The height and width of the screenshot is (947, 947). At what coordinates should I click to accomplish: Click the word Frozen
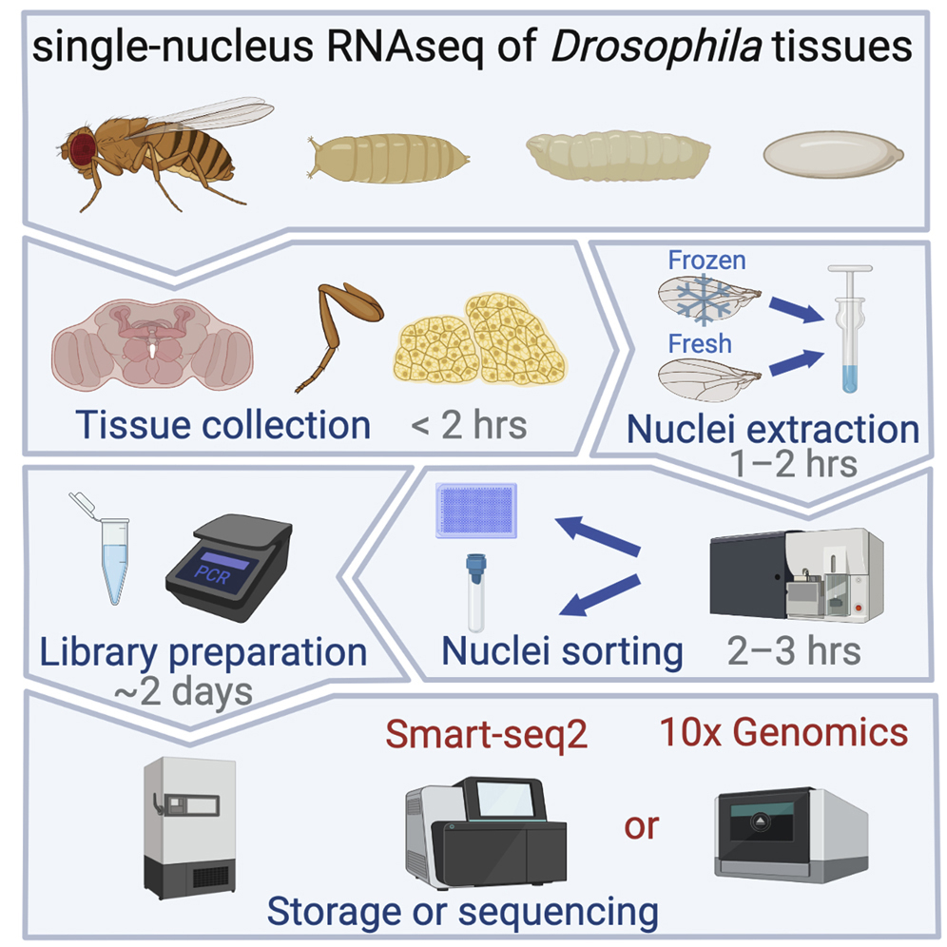click(x=707, y=260)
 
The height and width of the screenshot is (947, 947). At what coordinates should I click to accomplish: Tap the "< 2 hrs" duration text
click(x=469, y=424)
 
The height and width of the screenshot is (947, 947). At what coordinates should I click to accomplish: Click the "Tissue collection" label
click(x=222, y=424)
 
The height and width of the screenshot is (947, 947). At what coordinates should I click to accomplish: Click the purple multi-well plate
click(x=475, y=511)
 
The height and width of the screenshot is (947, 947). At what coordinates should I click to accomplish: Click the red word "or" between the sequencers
click(x=641, y=825)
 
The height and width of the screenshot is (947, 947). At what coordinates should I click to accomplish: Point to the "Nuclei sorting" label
click(x=562, y=651)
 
